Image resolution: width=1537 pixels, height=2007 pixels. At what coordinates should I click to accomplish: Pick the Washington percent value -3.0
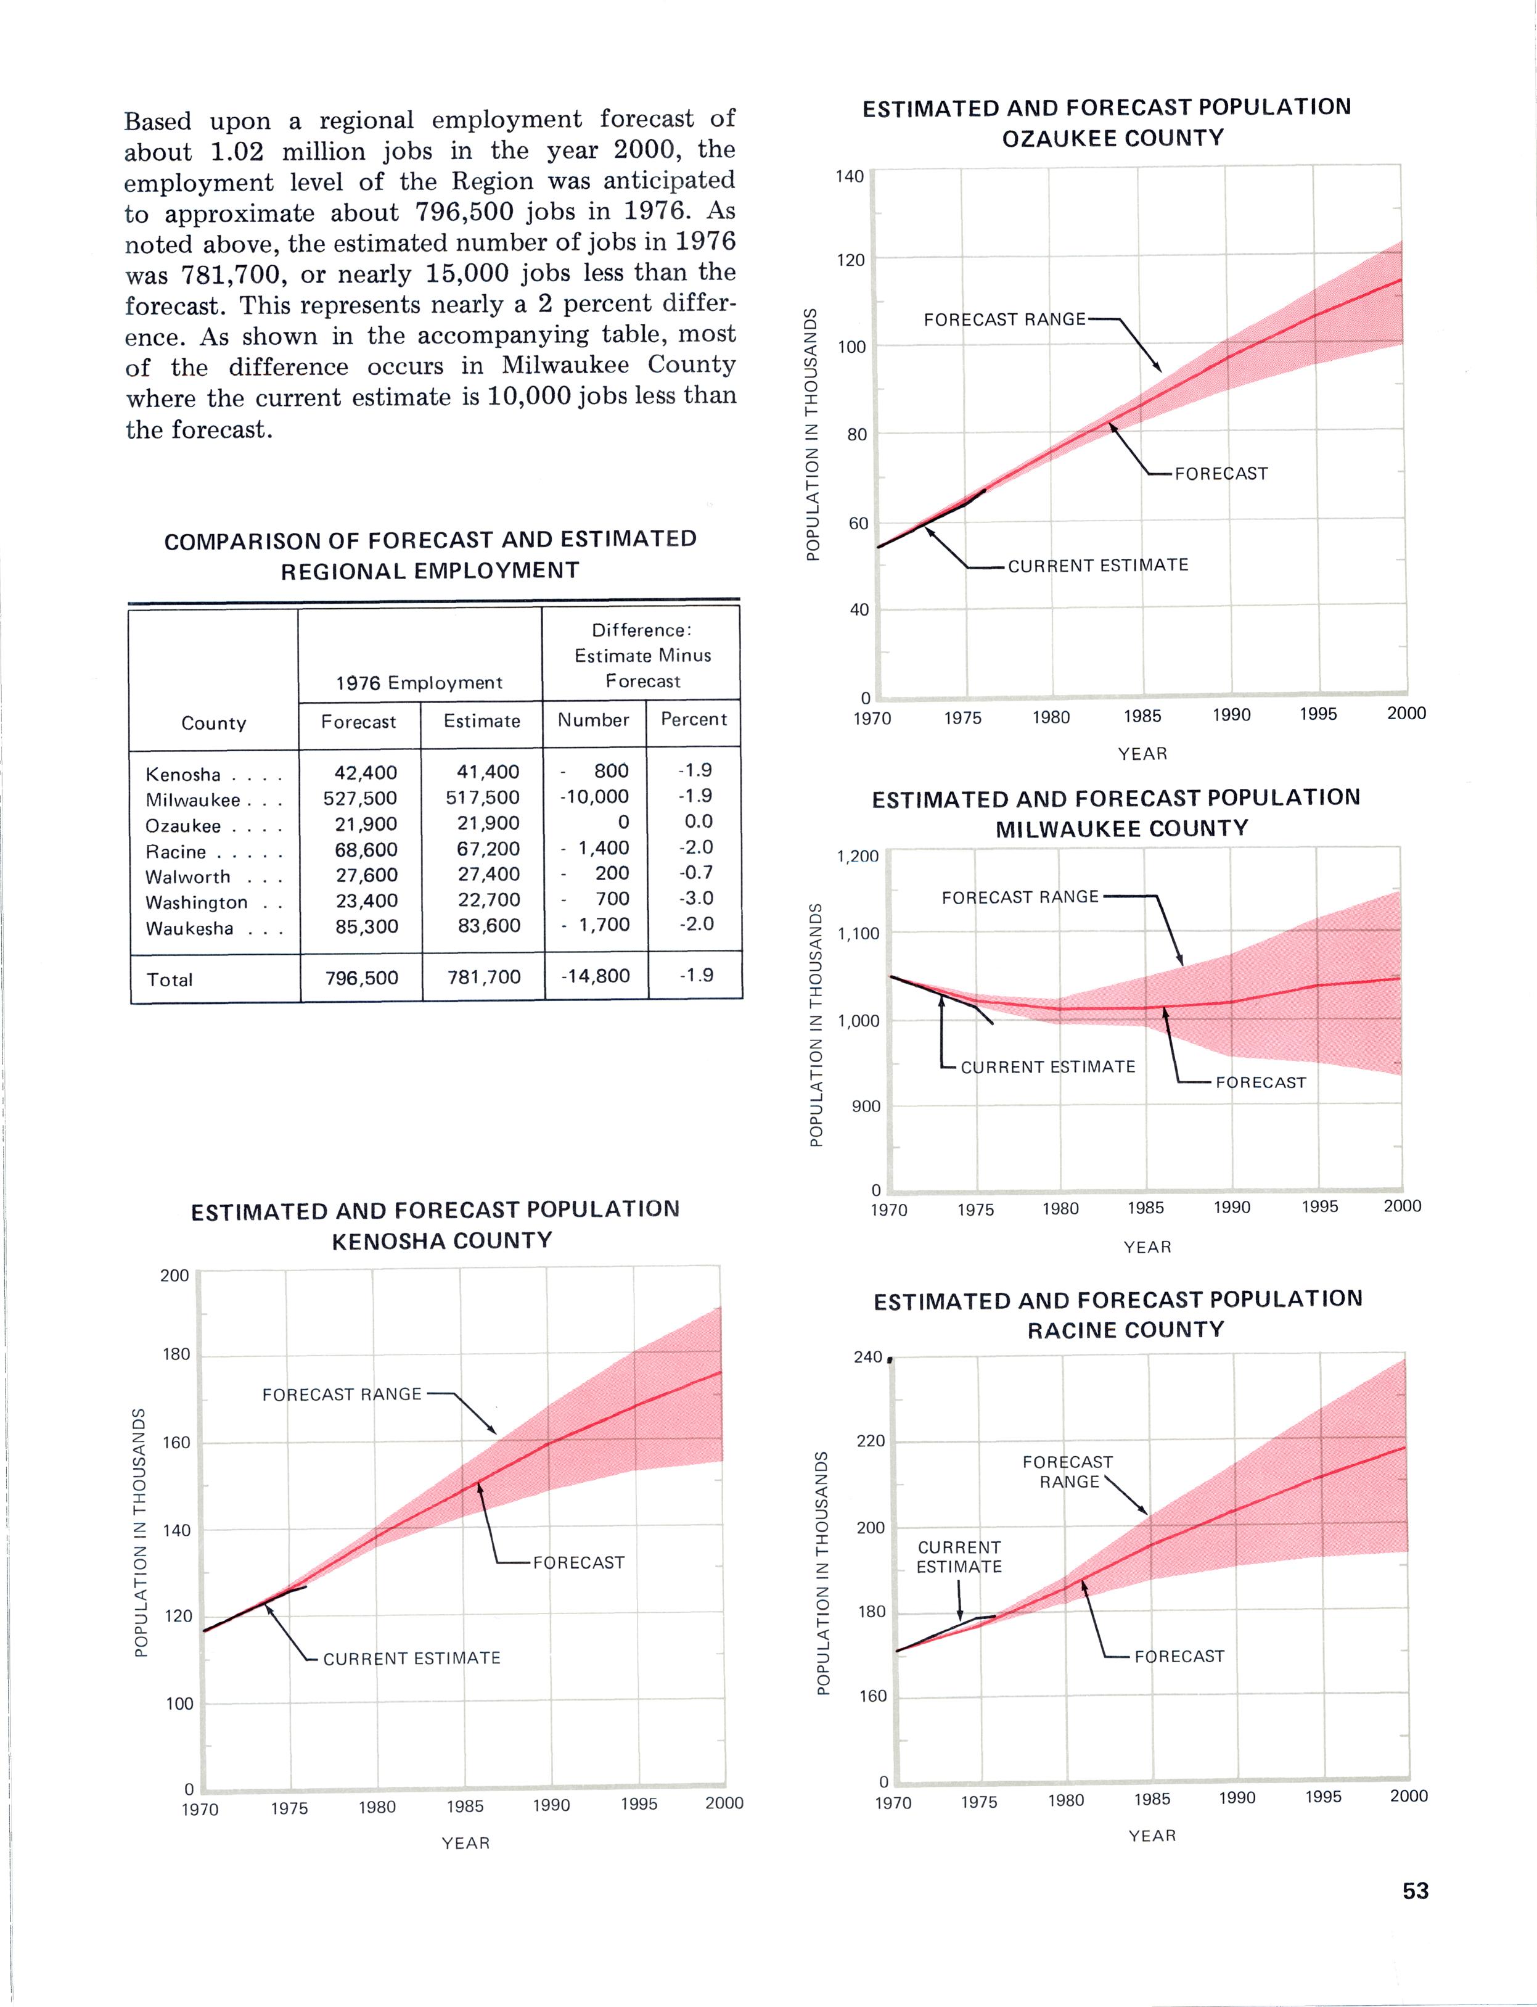coord(696,898)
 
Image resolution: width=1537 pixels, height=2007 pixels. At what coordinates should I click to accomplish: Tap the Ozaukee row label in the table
coord(183,825)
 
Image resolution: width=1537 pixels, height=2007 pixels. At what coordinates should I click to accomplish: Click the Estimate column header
coord(482,721)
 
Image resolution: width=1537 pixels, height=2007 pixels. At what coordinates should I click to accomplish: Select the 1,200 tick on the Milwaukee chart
coord(857,857)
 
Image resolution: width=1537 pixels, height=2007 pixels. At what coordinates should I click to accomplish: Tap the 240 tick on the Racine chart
coord(868,1357)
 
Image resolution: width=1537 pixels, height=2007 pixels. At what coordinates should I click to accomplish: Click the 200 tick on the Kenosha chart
coord(174,1275)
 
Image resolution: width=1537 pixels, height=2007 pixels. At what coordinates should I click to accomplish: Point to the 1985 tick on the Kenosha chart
coord(465,1807)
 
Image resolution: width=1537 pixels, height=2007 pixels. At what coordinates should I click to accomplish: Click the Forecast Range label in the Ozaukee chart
coord(1004,319)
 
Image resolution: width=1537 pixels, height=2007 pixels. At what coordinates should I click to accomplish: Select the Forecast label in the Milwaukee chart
coord(1261,1082)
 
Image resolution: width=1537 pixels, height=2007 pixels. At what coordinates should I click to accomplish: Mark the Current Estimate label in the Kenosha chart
coord(412,1659)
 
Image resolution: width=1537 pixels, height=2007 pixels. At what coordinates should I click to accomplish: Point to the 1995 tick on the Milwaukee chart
coord(1319,1206)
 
